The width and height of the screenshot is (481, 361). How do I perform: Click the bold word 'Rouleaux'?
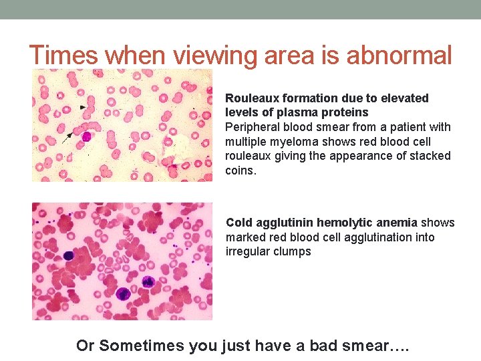click(251, 98)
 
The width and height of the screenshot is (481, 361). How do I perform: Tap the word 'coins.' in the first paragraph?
click(240, 170)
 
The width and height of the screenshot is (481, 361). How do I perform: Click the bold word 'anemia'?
click(397, 223)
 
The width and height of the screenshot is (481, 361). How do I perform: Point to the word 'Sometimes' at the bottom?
click(141, 346)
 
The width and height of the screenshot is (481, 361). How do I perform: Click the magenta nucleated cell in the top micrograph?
click(86, 136)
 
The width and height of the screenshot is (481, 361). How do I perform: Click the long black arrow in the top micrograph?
click(67, 138)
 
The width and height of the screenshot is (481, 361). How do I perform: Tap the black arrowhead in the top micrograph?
click(83, 107)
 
